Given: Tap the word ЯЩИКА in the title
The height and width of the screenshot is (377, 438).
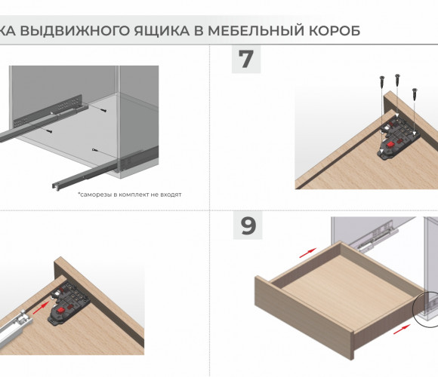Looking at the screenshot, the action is [162, 31].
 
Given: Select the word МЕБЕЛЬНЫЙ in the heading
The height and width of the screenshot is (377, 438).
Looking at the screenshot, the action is [256, 30].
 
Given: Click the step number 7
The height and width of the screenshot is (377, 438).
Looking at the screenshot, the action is [246, 59].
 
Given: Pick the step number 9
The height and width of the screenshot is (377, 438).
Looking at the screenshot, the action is [248, 225].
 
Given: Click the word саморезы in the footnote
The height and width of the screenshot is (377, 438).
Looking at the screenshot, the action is [96, 195].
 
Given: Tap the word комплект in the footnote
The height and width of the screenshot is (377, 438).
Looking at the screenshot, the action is [134, 195].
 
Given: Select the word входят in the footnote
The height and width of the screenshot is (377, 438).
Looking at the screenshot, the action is [171, 195].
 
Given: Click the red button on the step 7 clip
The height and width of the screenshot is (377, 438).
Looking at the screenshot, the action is [390, 145].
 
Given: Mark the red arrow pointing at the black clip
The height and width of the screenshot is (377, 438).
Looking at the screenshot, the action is [40, 308].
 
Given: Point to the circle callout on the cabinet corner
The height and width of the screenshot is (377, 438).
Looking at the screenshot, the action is [413, 309].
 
